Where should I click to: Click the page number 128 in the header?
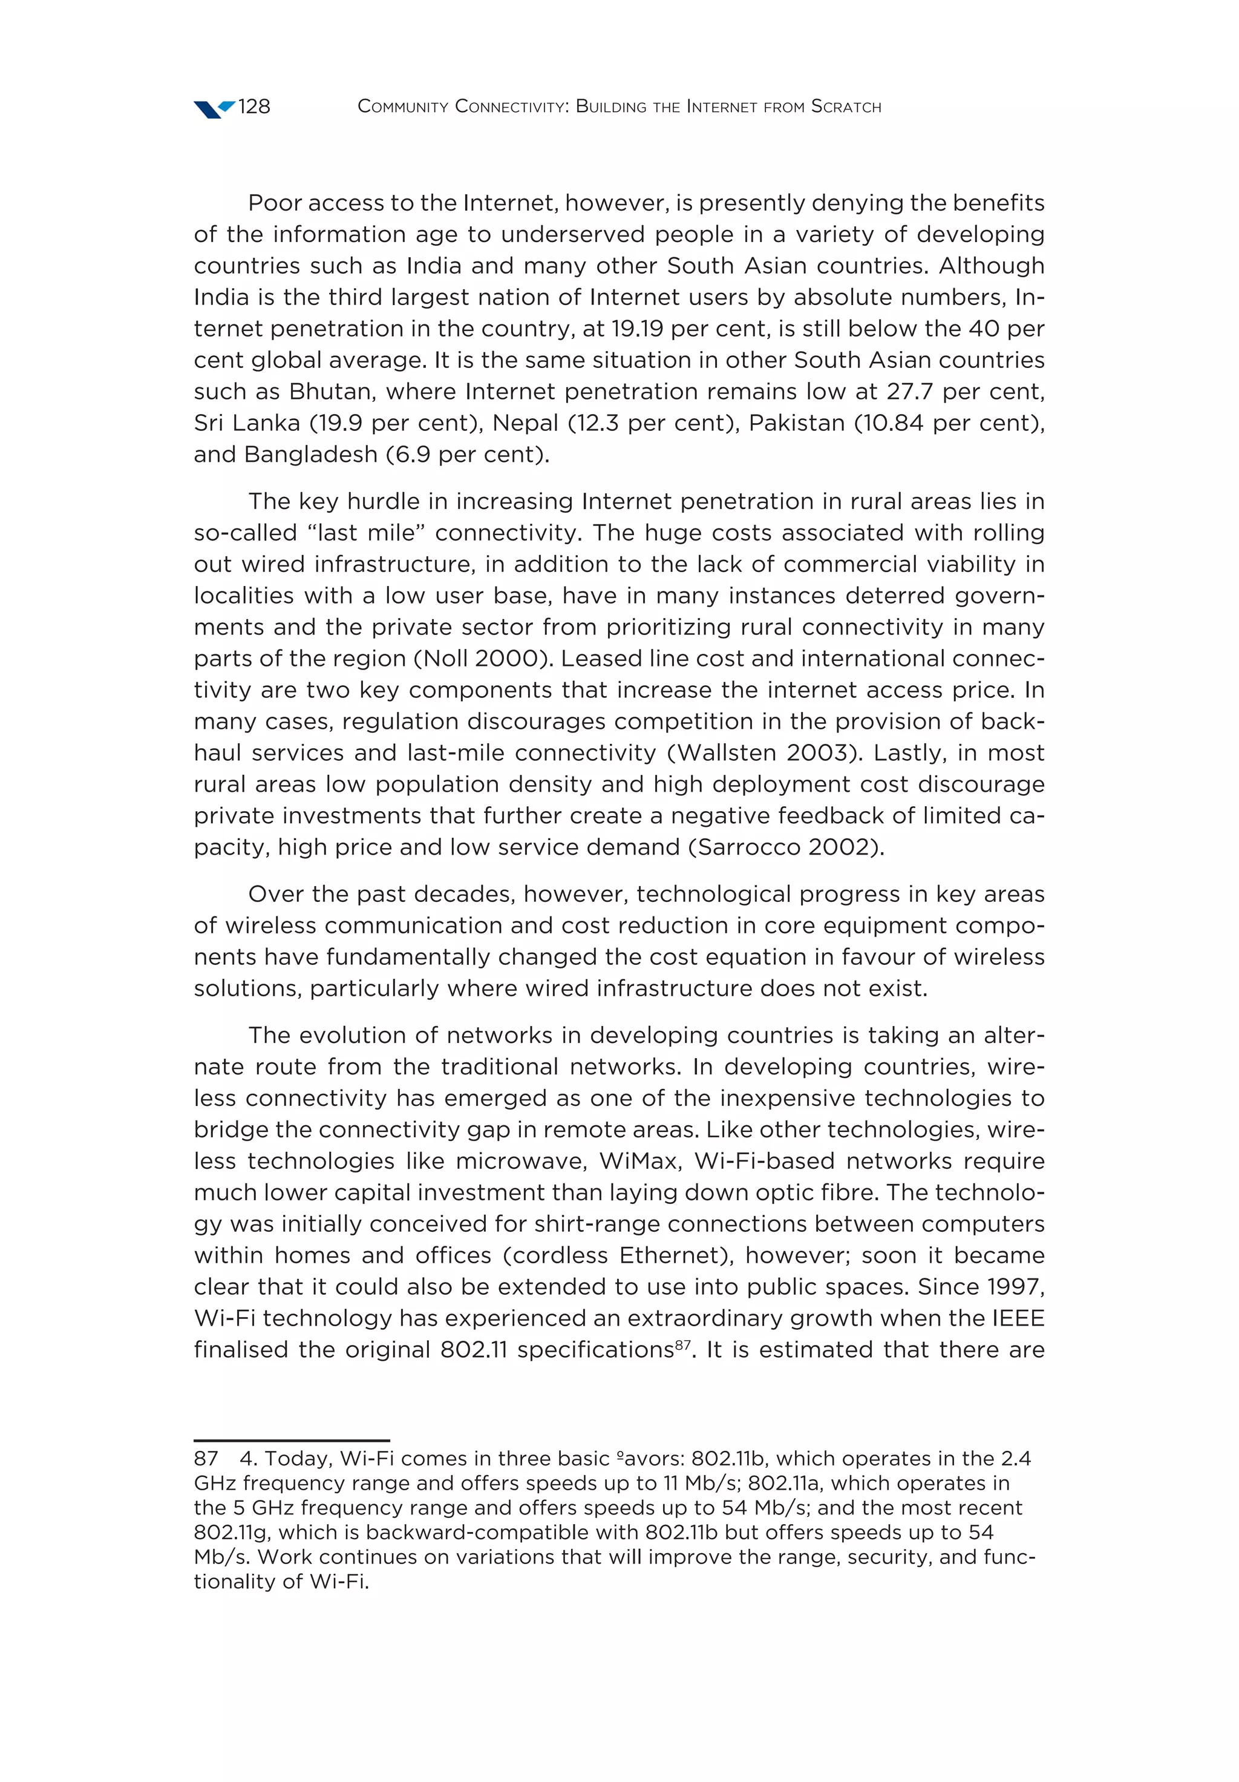(253, 107)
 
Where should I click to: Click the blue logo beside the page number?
(214, 109)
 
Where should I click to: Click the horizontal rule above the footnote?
(292, 1440)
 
